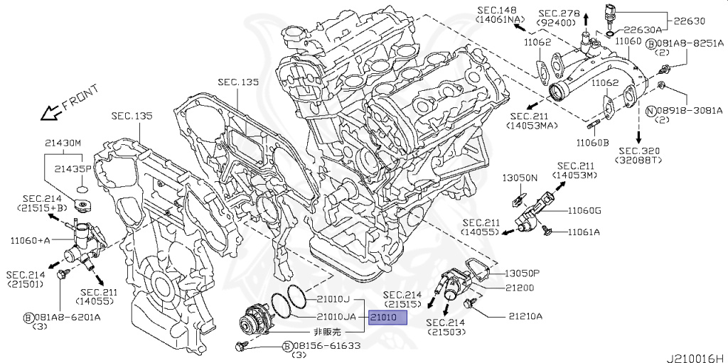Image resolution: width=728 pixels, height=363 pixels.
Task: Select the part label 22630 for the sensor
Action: [688, 20]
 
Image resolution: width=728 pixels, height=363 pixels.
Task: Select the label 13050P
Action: [523, 273]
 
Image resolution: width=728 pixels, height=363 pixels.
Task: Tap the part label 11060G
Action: [584, 210]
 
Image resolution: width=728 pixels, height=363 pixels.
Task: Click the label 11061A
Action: [583, 232]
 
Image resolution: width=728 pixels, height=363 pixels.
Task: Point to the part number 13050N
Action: [520, 178]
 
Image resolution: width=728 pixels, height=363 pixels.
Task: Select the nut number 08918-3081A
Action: [689, 111]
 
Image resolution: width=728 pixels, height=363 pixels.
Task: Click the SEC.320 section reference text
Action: [640, 151]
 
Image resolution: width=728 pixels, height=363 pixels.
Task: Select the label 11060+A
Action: [29, 240]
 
